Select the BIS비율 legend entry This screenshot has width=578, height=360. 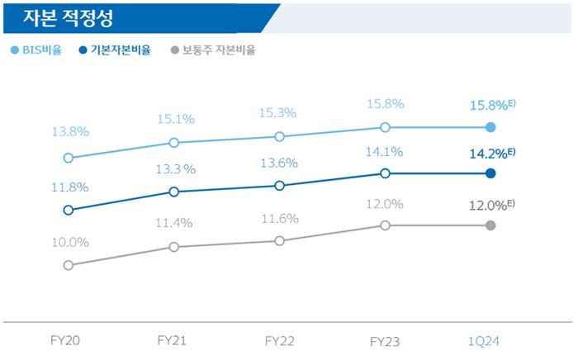click(x=37, y=50)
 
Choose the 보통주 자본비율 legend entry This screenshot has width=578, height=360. click(x=211, y=50)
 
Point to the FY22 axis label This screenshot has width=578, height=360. click(x=279, y=340)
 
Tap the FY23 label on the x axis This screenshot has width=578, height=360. click(x=385, y=340)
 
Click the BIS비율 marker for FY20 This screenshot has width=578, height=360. click(x=68, y=158)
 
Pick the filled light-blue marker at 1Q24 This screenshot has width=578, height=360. click(x=490, y=127)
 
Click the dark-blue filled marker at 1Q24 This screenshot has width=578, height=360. click(x=490, y=173)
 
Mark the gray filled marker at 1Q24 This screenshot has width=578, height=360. click(x=490, y=225)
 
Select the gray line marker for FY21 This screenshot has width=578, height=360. click(x=173, y=247)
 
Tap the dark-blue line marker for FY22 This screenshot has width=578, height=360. click(x=279, y=186)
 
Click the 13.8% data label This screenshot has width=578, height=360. click(x=69, y=131)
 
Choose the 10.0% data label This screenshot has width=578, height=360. click(x=69, y=242)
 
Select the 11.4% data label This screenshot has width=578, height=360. click(x=174, y=223)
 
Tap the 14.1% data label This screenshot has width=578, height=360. click(x=385, y=152)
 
